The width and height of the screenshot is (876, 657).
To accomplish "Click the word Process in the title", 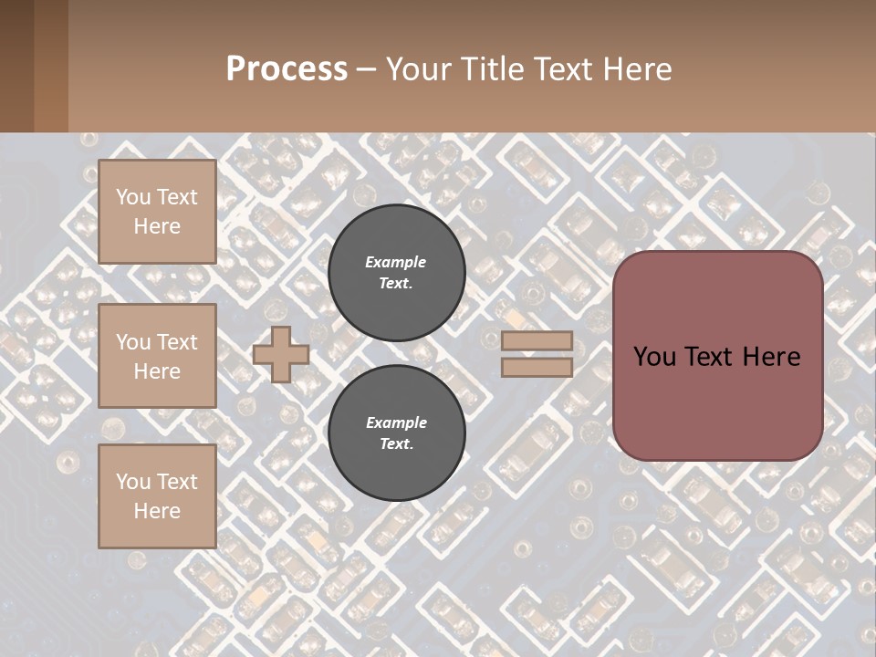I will click(287, 69).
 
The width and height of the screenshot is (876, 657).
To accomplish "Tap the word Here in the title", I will click(638, 69).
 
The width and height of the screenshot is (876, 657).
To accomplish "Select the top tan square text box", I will click(157, 212).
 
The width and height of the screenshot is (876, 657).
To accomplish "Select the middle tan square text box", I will click(157, 356).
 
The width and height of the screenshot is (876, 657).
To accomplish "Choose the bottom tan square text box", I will click(157, 496).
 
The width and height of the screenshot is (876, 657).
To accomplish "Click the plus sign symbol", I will click(281, 354).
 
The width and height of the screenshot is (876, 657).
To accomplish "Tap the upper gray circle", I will click(396, 272).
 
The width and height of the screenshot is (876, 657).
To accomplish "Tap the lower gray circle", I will click(396, 433).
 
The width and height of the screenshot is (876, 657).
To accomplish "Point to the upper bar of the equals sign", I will click(537, 340).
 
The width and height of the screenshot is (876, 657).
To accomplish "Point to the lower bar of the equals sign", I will click(537, 367).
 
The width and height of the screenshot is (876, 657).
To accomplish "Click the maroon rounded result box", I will click(717, 355).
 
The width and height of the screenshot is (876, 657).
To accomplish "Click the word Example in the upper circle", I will click(396, 262).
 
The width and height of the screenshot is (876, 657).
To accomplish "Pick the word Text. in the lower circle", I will click(396, 443).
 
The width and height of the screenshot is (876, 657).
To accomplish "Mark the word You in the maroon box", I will click(653, 357).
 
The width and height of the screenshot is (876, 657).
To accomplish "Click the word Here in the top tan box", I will click(157, 226).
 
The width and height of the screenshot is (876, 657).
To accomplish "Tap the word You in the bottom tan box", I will click(133, 482).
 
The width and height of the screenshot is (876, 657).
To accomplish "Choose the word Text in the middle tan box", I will click(177, 342).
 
